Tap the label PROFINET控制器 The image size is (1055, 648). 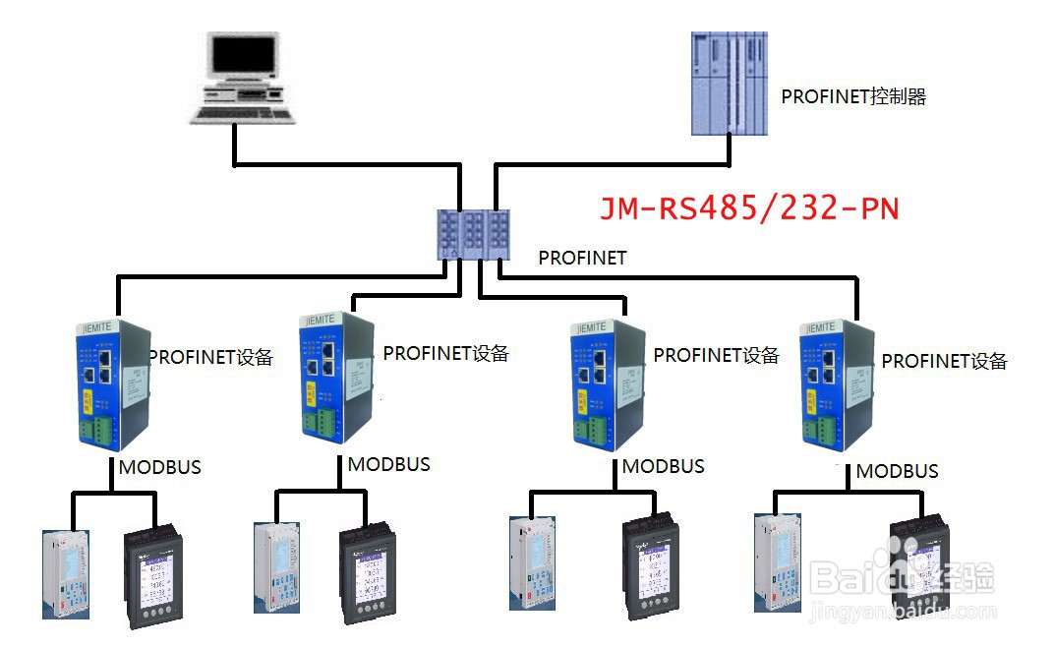[853, 96]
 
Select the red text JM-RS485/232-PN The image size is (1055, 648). [749, 208]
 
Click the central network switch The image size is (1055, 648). [476, 234]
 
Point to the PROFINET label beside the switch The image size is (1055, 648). [582, 258]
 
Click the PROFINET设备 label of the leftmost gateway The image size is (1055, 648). [210, 357]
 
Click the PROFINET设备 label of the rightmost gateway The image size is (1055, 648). [944, 361]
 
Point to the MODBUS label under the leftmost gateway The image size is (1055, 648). [159, 467]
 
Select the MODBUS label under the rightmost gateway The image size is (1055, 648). [897, 471]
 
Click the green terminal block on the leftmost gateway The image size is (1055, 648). [100, 430]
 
